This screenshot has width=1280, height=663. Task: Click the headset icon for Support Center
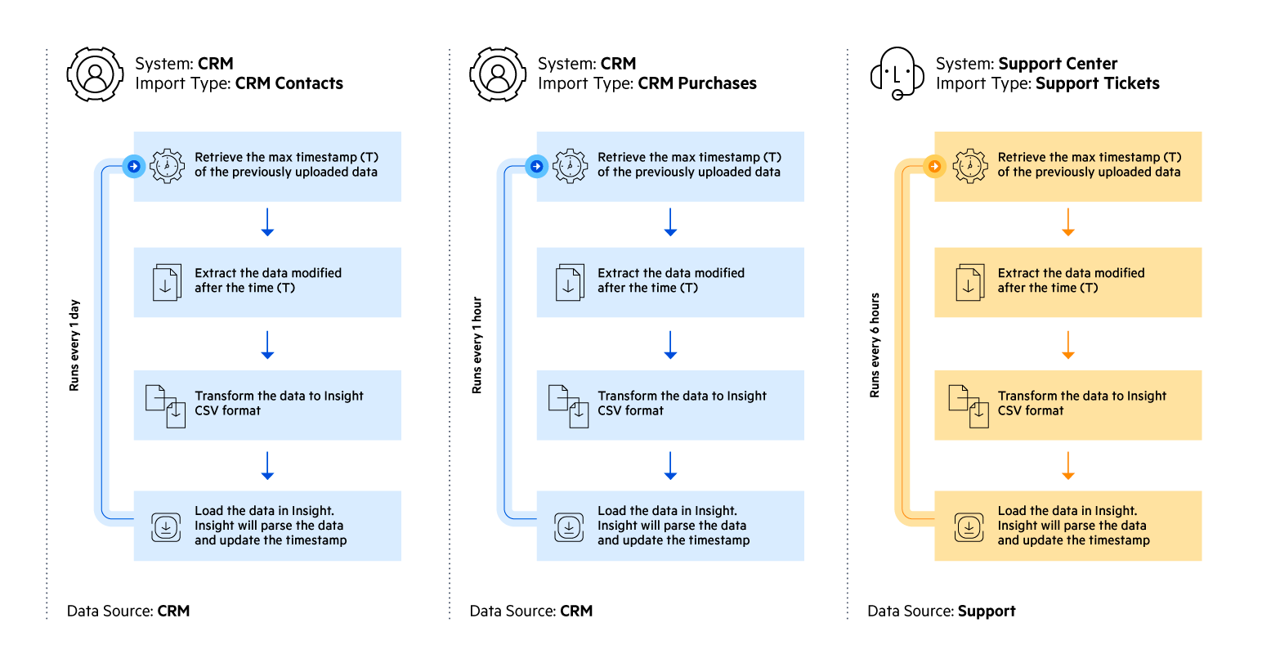click(x=897, y=74)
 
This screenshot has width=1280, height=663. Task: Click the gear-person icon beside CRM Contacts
click(x=95, y=74)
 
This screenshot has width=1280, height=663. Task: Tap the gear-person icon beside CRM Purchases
click(x=498, y=74)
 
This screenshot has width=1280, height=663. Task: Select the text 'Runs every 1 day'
click(x=74, y=345)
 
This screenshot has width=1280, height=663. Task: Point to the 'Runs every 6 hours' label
click(x=875, y=345)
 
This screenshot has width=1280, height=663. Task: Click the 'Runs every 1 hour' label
click(x=477, y=345)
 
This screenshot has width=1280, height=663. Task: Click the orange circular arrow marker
click(x=934, y=167)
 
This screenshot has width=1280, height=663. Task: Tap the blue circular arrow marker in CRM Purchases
click(x=536, y=167)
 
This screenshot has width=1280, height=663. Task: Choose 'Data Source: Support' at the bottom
click(x=941, y=611)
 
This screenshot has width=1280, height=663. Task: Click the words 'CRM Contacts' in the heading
click(x=289, y=83)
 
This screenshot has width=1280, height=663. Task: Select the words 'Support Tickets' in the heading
click(x=1097, y=83)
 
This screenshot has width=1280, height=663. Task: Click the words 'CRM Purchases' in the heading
click(x=696, y=83)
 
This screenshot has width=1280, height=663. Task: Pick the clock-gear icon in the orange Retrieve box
click(x=969, y=166)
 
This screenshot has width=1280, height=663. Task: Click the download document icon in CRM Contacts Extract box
click(x=167, y=282)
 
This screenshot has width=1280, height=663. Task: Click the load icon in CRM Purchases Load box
click(x=569, y=526)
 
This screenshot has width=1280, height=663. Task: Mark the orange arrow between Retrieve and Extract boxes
click(x=1067, y=222)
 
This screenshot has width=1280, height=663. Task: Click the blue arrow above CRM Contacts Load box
click(x=267, y=465)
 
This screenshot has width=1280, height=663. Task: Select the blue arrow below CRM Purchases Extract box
click(x=670, y=345)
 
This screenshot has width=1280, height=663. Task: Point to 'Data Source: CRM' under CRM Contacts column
click(x=128, y=611)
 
